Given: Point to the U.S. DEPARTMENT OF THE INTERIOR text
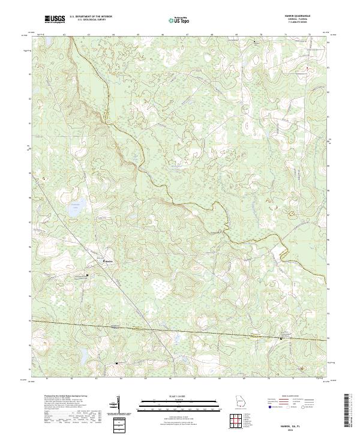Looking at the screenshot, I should [x=91, y=17].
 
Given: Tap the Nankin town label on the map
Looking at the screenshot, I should [x=109, y=262].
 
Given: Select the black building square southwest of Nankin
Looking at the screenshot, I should [x=88, y=275].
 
